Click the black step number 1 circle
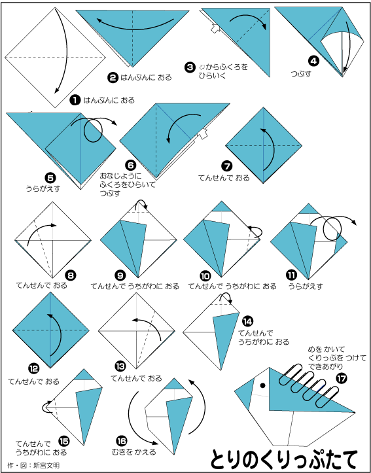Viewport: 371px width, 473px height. tap(75, 100)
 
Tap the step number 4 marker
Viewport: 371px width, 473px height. tap(313, 61)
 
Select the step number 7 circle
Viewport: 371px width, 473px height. tap(226, 166)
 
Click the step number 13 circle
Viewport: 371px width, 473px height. tap(119, 366)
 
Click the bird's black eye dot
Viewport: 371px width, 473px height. tap(263, 385)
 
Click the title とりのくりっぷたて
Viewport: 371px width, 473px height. tap(283, 458)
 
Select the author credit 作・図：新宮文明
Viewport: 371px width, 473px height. tap(35, 466)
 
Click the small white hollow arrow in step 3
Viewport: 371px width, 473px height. tap(216, 29)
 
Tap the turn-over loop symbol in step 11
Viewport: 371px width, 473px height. tap(332, 230)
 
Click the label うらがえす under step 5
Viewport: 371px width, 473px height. tap(43, 189)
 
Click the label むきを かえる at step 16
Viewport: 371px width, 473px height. tap(133, 451)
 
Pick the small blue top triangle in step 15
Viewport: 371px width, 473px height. tap(84, 375)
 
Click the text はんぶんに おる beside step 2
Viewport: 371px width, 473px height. tap(146, 78)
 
